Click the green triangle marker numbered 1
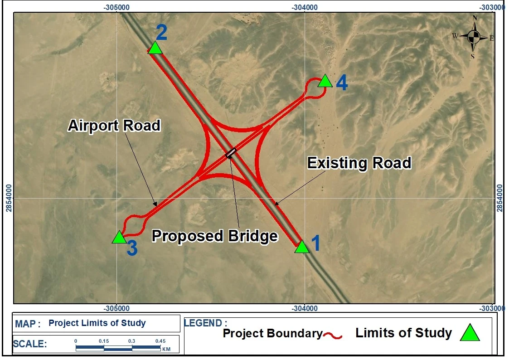point(302,248)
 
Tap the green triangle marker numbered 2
point(155,48)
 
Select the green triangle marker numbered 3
point(119,238)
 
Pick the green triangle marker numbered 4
point(325,82)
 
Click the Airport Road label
point(114,126)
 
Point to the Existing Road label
point(359,163)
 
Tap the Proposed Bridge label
point(215,236)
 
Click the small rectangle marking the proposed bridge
point(231,153)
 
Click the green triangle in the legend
point(470,333)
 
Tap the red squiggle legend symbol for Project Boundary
point(333,336)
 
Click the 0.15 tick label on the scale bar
point(104,341)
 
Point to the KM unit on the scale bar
point(166,349)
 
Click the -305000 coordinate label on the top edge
point(116,7)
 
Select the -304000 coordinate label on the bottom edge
point(305,308)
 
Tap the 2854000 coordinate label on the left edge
point(9,198)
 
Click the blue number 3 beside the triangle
point(132,248)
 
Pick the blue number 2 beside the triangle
point(162,32)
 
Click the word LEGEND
point(203,323)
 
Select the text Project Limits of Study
point(97,323)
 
